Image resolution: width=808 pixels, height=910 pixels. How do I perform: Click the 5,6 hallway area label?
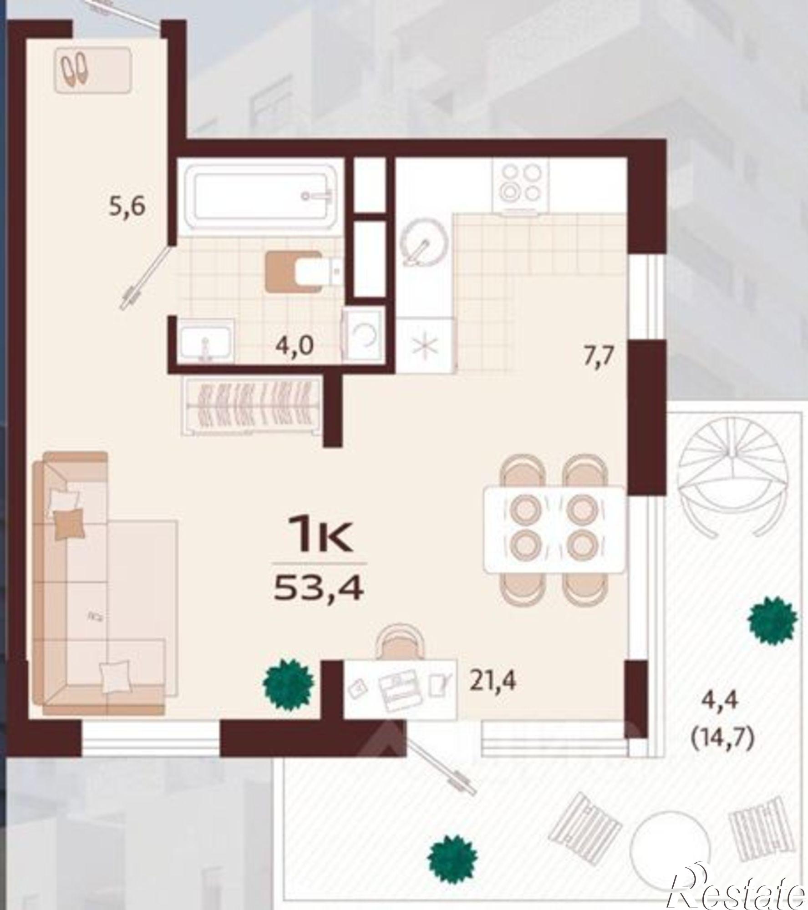point(127,207)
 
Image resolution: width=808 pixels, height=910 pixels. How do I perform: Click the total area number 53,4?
point(318,588)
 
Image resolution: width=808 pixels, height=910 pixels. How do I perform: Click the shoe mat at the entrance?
point(93,71)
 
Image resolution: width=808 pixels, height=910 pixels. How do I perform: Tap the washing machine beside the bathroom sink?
point(363,335)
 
